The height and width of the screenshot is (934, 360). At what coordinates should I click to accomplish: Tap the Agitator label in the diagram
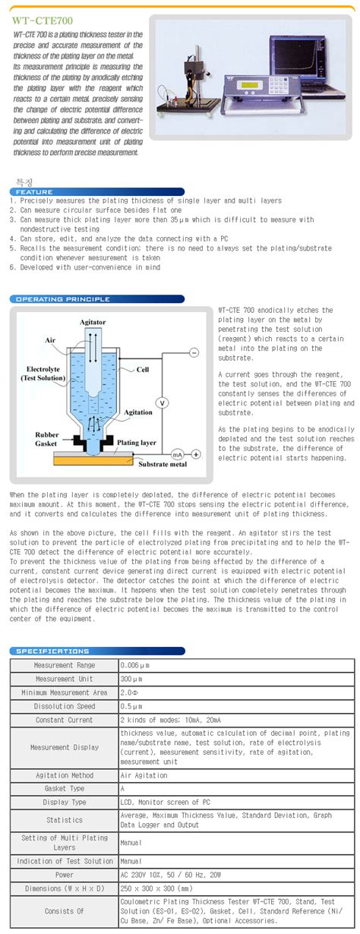coord(93,323)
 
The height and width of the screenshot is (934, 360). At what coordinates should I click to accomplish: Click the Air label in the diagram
coord(51,341)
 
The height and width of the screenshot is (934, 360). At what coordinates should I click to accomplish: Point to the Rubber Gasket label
coord(47,440)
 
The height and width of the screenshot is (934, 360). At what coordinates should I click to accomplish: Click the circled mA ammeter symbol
coord(178,454)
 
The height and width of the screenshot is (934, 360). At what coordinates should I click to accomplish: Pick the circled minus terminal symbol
coord(194,352)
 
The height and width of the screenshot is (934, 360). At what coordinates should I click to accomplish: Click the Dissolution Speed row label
coord(65,706)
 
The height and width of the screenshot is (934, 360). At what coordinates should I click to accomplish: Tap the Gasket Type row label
coord(65,789)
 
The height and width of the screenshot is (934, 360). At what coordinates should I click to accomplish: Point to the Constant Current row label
coord(65,720)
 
